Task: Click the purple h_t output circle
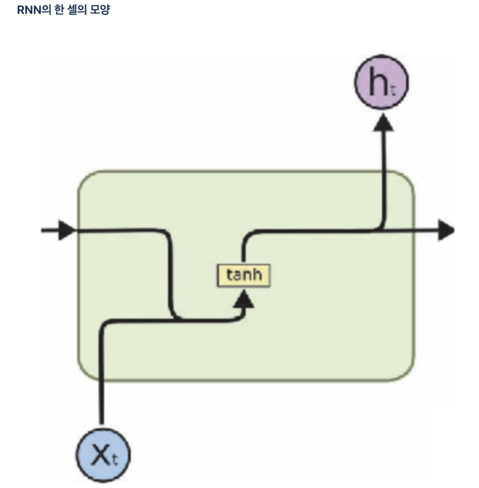click(x=381, y=84)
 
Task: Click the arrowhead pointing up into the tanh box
click(x=244, y=298)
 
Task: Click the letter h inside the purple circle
click(x=378, y=83)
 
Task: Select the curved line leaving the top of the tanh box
click(x=245, y=245)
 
